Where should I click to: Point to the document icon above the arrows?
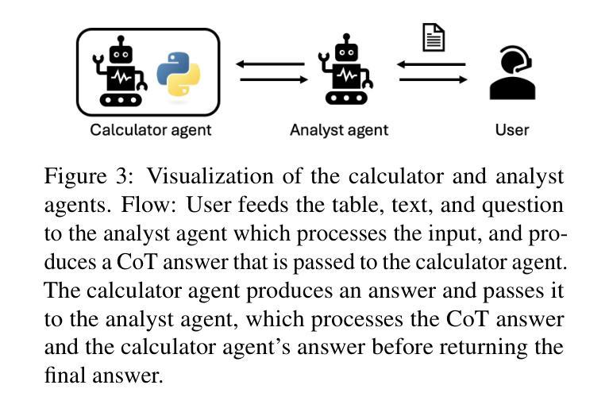434,37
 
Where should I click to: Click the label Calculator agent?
151,129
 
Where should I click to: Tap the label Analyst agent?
339,129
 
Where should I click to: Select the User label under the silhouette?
511,129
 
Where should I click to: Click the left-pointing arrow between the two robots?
271,64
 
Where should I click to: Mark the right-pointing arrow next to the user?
433,79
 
